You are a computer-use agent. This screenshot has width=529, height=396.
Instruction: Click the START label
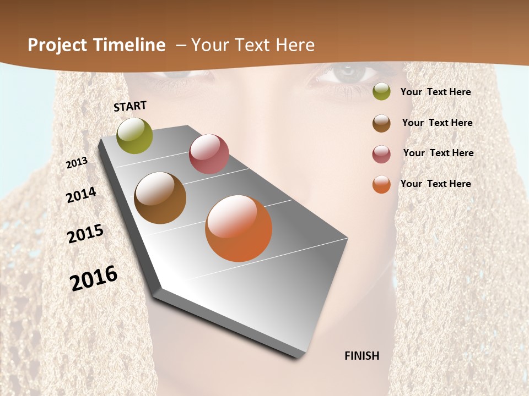tap(130, 106)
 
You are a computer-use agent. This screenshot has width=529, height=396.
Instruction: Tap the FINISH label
tap(362, 356)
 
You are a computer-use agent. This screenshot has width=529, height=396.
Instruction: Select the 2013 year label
tap(77, 163)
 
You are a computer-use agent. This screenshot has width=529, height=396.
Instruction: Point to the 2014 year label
tap(81, 195)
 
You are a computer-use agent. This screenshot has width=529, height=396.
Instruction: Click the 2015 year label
tap(85, 234)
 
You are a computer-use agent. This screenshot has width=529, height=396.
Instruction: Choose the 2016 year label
tap(94, 278)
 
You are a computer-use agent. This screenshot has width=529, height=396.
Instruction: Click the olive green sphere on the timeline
tap(135, 135)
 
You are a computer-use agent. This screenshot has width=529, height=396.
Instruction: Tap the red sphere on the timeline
tap(209, 154)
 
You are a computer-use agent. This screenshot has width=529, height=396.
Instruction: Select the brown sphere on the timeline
tap(160, 198)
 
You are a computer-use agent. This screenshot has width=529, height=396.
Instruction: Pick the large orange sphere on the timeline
tap(239, 228)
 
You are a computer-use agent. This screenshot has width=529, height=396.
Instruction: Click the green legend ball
tap(381, 92)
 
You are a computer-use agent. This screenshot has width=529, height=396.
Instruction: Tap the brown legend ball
tap(381, 123)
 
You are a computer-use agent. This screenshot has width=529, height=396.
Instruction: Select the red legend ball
tap(381, 154)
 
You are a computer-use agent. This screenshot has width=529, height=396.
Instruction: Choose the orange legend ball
tap(381, 184)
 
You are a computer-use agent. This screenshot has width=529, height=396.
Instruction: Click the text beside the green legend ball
tap(435, 92)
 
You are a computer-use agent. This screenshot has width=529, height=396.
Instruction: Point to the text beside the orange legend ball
tap(435, 184)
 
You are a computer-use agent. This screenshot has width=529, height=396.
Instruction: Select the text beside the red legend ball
tap(438, 153)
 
